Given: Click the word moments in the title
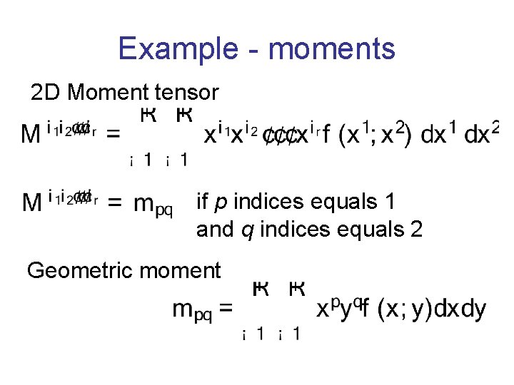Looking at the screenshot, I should pos(332,49).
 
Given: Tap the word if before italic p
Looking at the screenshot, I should pos(202,203).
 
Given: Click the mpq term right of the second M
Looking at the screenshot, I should pos(153,206).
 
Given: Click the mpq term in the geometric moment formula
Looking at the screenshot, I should pos(193,310).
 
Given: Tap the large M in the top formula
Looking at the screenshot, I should pos(32,134).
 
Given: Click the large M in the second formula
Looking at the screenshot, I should pos(32,203).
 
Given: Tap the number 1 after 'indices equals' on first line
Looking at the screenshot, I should pos(390,203).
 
